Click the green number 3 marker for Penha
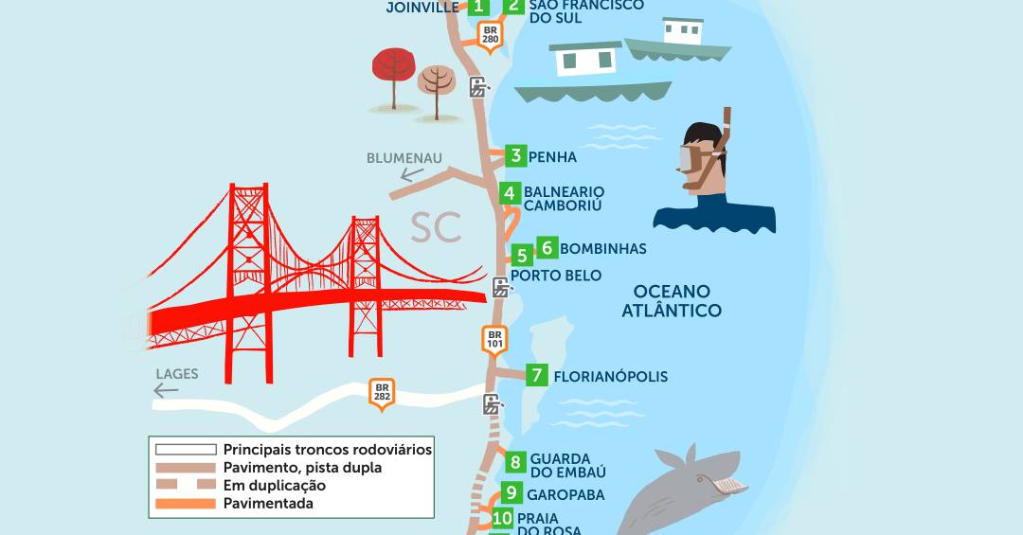click(x=515, y=156)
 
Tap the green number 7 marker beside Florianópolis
click(x=537, y=375)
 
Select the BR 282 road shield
click(x=383, y=392)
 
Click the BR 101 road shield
click(x=494, y=339)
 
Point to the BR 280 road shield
click(x=490, y=35)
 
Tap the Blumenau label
click(x=404, y=158)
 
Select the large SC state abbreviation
click(x=437, y=227)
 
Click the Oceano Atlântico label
click(x=672, y=301)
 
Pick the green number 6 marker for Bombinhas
click(x=547, y=248)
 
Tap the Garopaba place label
click(x=565, y=494)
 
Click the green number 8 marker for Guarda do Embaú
click(x=515, y=462)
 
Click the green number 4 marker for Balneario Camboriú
click(x=510, y=194)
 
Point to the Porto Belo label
click(x=556, y=276)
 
